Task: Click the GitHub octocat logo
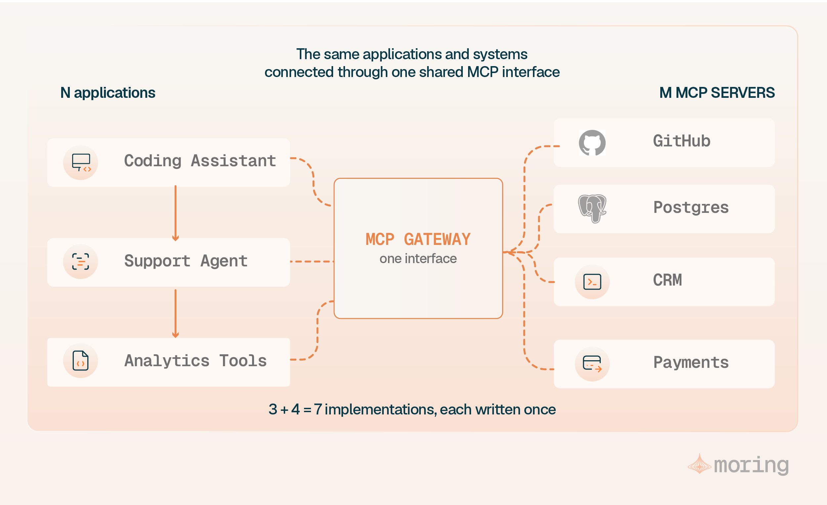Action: (592, 142)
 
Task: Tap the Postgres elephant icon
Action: (592, 209)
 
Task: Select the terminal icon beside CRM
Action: (592, 282)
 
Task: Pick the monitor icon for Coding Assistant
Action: (81, 163)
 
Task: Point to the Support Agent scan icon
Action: (81, 261)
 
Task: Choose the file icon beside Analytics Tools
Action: (81, 361)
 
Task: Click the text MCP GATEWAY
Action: (418, 239)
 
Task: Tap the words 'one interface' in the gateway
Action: (418, 258)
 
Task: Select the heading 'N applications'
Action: (108, 93)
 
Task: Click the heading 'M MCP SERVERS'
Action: (717, 93)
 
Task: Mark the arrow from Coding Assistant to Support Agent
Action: (175, 213)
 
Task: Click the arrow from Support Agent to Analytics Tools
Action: (175, 314)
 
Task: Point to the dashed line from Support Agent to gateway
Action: (312, 261)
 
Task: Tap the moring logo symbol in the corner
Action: (699, 464)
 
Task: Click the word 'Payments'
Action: (691, 363)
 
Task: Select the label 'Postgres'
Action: (691, 208)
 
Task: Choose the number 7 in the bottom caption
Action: (318, 409)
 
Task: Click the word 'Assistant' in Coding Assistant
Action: (233, 161)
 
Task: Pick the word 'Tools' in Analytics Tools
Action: (243, 361)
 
